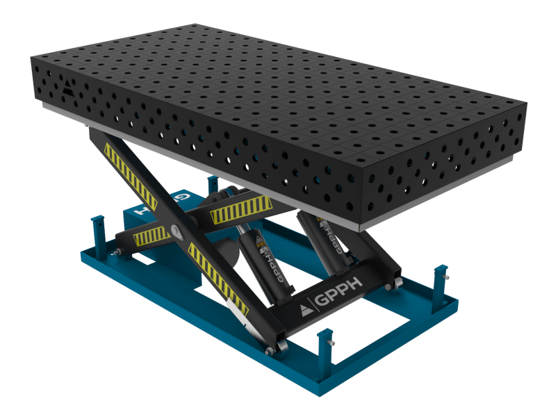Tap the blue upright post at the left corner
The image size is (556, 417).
tap(98, 229)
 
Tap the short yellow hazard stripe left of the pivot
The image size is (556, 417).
tap(152, 237)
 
